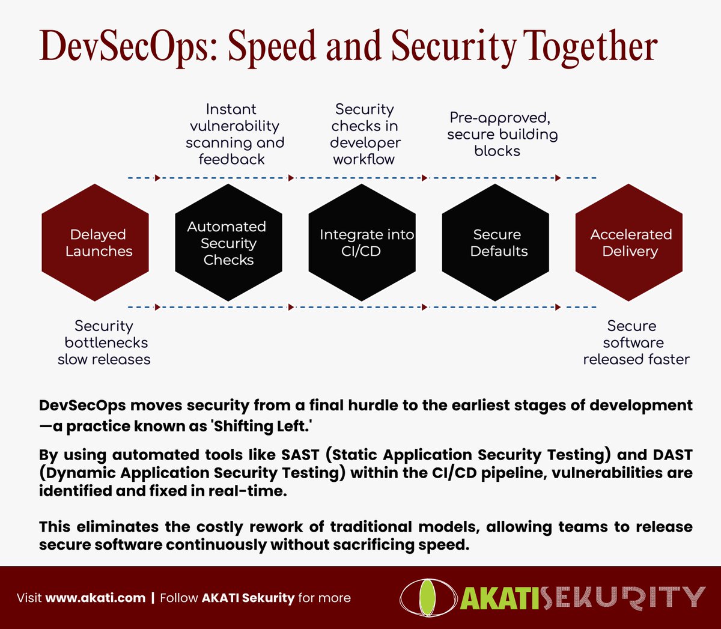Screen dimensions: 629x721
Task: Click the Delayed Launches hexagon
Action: pyautogui.click(x=95, y=243)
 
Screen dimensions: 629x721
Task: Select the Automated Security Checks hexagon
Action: pyautogui.click(x=228, y=243)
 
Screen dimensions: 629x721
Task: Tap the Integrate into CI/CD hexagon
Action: pyautogui.click(x=362, y=243)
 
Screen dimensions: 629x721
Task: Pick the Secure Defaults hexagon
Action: pyautogui.click(x=496, y=243)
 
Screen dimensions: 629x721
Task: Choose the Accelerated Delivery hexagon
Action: pyautogui.click(x=629, y=243)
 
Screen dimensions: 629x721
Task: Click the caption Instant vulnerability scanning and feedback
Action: pyautogui.click(x=234, y=135)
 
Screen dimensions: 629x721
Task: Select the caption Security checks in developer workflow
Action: pyautogui.click(x=365, y=135)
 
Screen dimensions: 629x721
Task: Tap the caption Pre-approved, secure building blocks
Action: pyautogui.click(x=501, y=135)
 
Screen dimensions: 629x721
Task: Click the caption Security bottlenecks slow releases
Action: pyautogui.click(x=105, y=342)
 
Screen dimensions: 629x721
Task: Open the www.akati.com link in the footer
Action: pyautogui.click(x=96, y=598)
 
